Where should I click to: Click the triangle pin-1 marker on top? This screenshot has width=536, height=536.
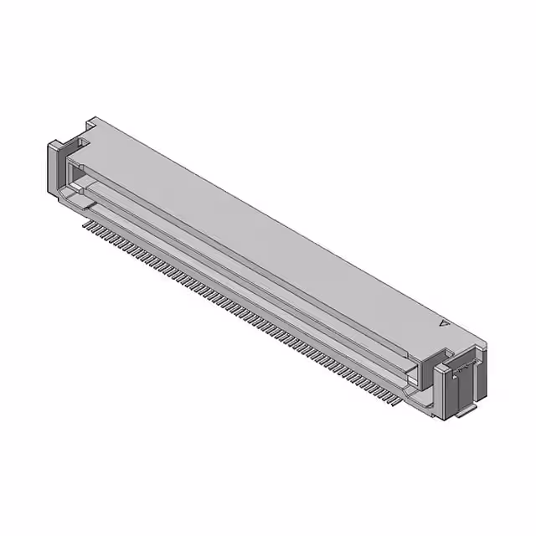(x=445, y=321)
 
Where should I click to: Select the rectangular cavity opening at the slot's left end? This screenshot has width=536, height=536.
(x=75, y=175)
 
